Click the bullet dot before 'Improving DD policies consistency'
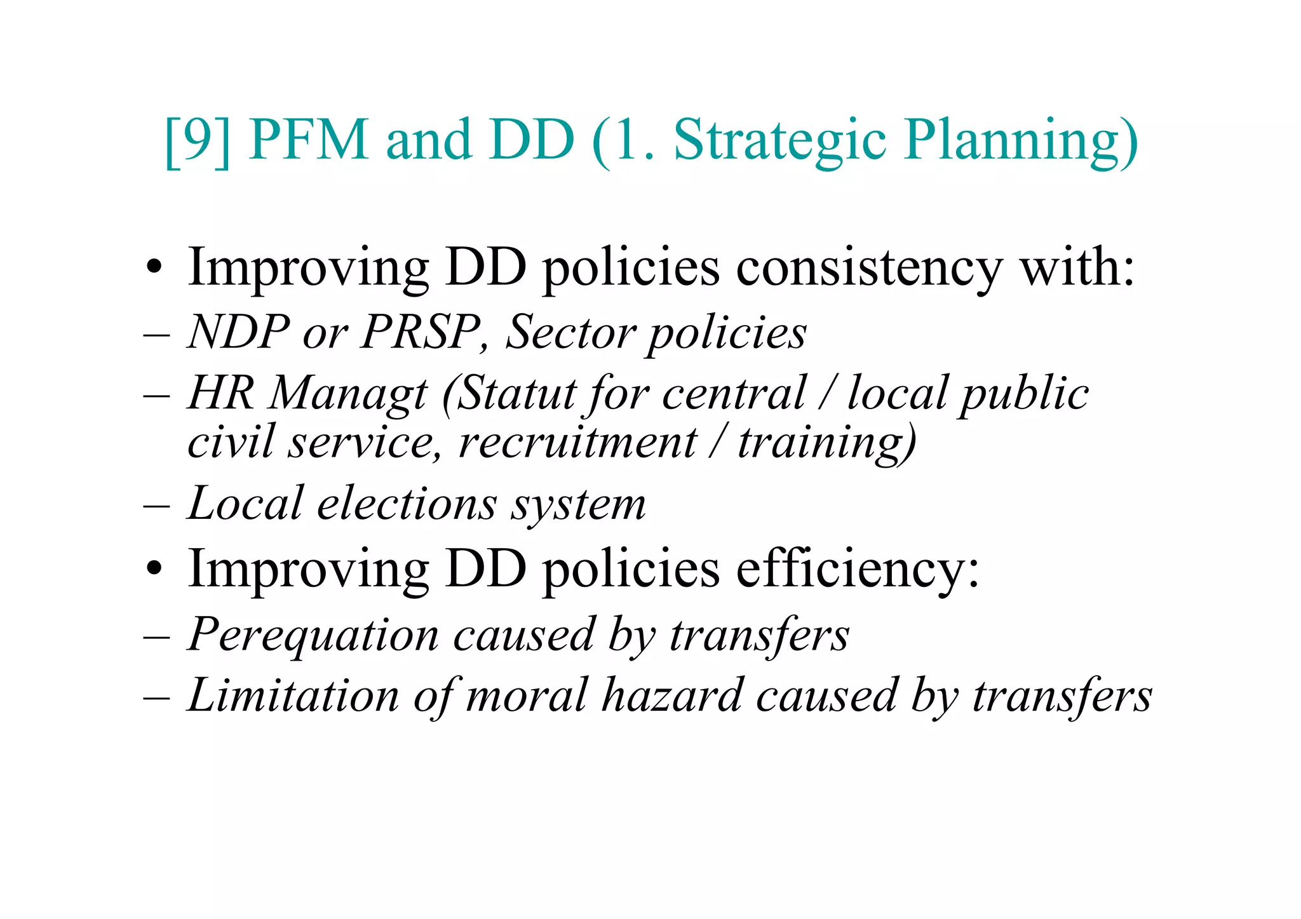tap(154, 269)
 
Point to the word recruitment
tap(577, 442)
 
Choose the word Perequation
tap(313, 635)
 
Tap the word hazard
tap(672, 695)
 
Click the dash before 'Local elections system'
tap(156, 506)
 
